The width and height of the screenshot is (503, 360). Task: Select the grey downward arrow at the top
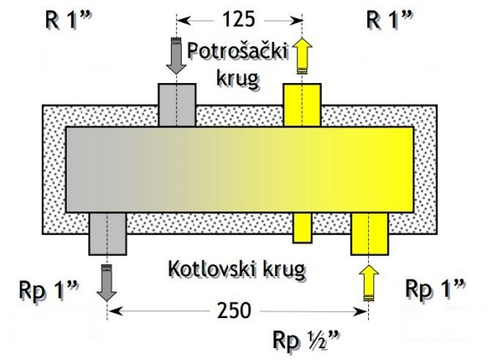point(176,57)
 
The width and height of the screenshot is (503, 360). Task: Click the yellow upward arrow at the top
point(302,57)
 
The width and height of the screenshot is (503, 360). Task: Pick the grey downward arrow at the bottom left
point(107,282)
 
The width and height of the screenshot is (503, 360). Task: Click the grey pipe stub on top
point(176,105)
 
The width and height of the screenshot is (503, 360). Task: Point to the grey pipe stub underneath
point(107,233)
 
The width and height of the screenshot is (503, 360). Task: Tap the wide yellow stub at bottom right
point(370,233)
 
